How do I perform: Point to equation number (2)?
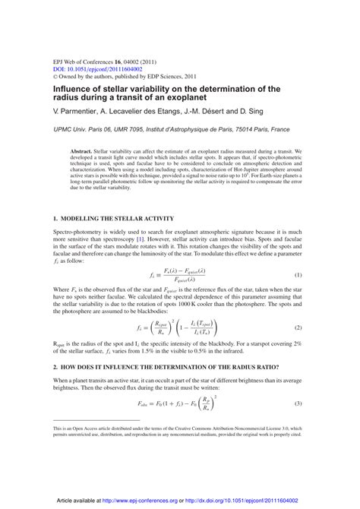pos(298,327)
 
